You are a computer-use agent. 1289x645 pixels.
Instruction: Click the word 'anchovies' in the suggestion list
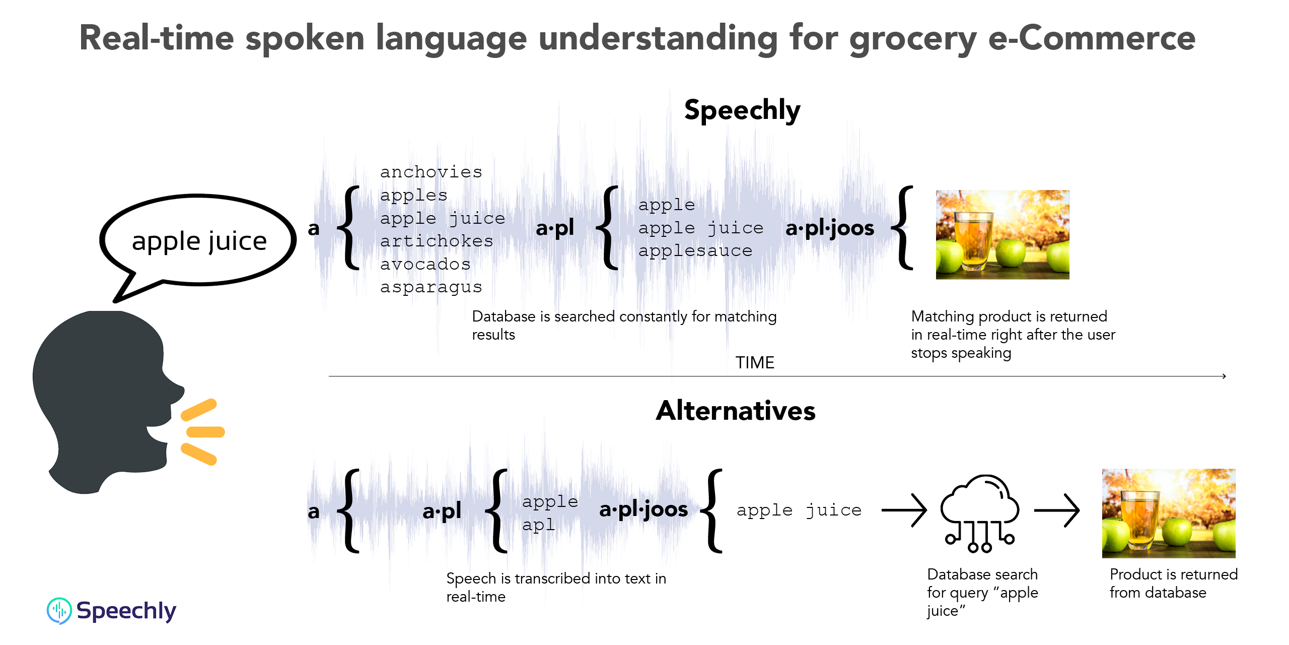click(x=431, y=172)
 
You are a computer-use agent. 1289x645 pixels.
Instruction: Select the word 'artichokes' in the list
click(x=437, y=241)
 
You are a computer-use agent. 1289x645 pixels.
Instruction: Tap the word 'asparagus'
click(x=431, y=287)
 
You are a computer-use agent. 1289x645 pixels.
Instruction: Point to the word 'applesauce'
click(x=695, y=250)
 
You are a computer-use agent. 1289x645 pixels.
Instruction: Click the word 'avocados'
click(x=425, y=264)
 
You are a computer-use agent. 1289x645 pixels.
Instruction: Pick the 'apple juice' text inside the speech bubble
click(x=199, y=241)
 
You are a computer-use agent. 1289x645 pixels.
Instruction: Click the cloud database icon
click(x=980, y=512)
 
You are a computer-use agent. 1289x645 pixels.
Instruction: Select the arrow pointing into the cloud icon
click(x=904, y=510)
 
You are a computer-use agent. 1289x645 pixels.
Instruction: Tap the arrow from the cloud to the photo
click(x=1057, y=510)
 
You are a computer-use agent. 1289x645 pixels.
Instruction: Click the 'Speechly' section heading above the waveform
click(x=742, y=110)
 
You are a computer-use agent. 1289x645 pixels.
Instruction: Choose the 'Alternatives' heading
click(x=736, y=411)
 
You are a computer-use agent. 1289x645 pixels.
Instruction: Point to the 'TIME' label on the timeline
click(x=755, y=362)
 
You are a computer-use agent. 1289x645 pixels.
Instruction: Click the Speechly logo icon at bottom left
click(x=59, y=611)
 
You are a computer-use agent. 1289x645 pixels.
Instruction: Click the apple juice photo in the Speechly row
click(x=1002, y=235)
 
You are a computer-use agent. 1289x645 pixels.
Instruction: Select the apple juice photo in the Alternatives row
click(x=1169, y=513)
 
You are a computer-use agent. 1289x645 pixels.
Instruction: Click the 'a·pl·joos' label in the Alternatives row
click(x=643, y=509)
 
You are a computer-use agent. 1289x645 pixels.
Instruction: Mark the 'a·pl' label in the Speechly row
click(x=555, y=228)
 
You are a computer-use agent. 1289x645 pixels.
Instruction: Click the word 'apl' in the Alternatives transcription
click(x=539, y=525)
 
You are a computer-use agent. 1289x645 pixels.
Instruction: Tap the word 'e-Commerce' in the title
click(x=1092, y=39)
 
